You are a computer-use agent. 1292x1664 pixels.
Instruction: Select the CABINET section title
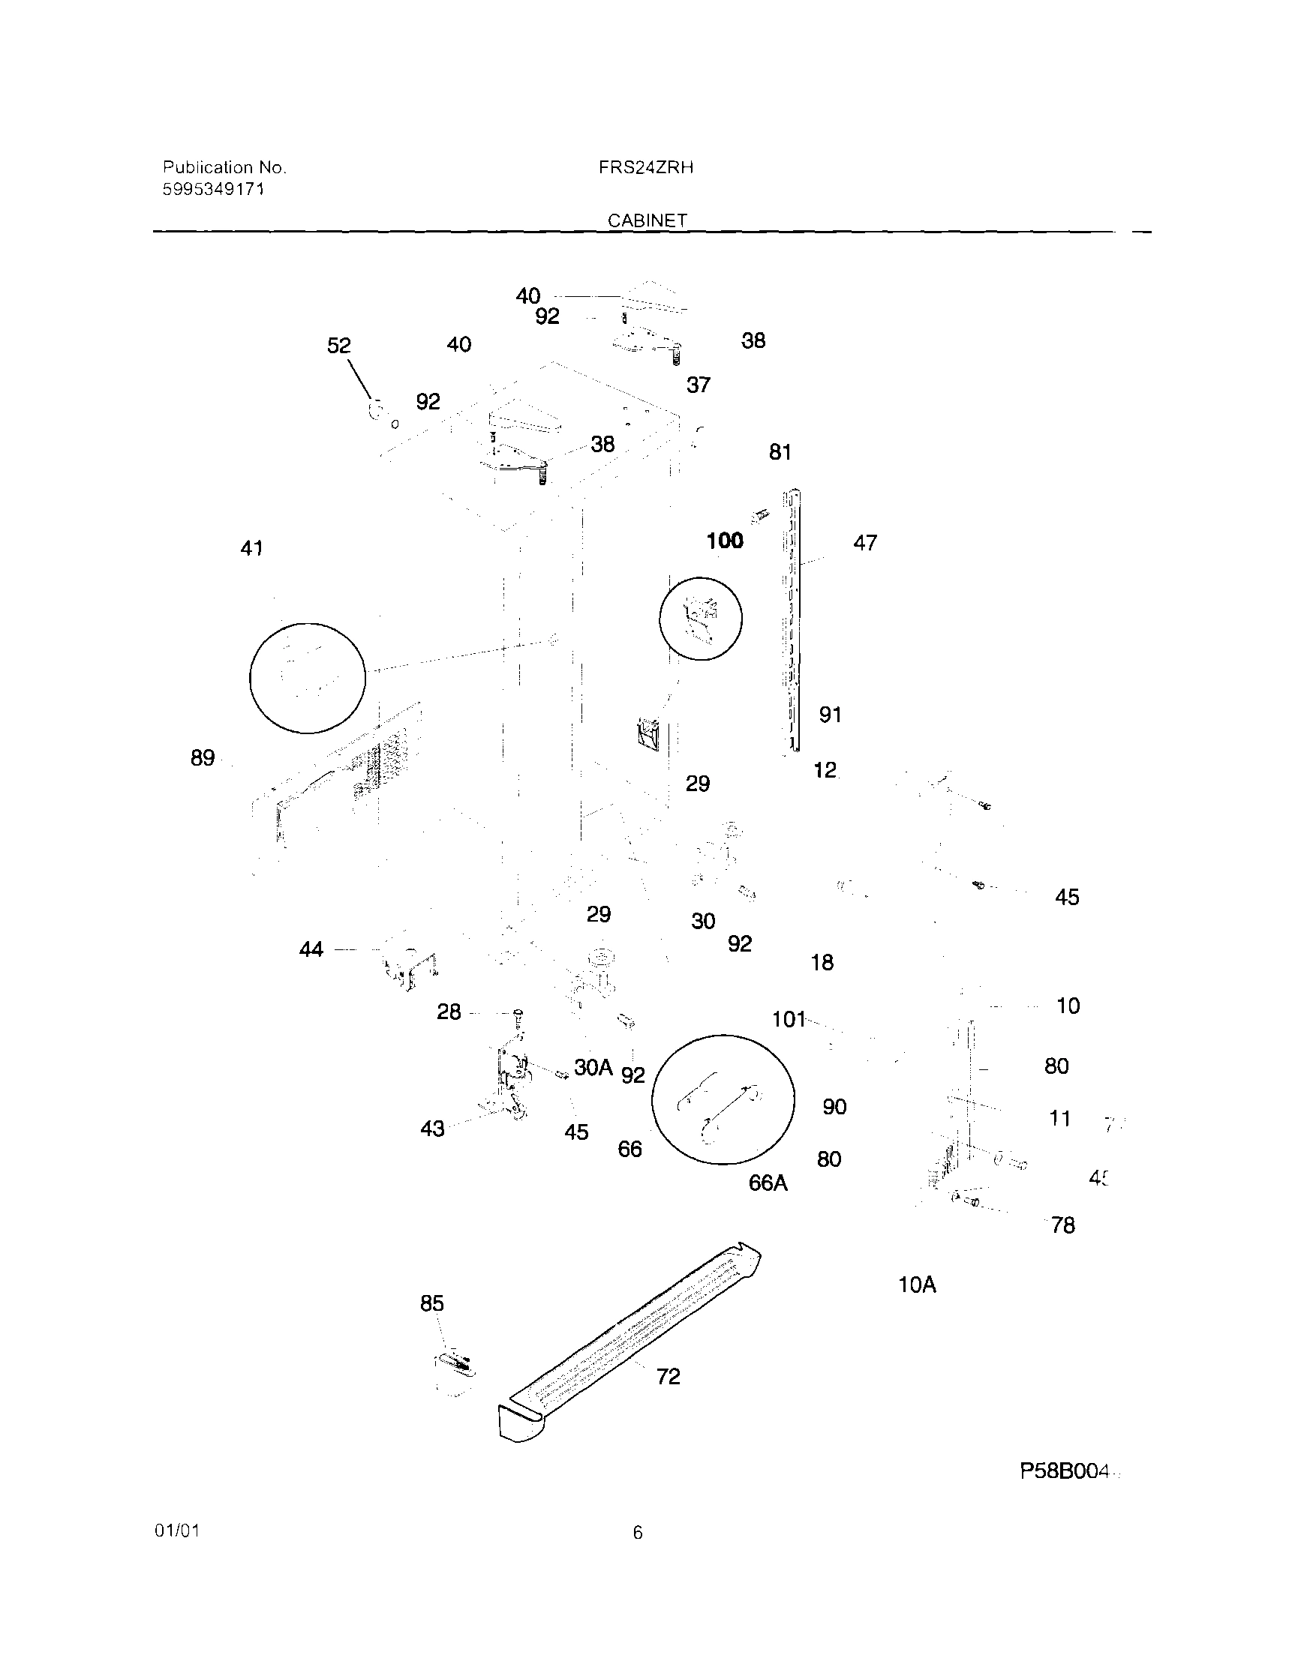tap(648, 220)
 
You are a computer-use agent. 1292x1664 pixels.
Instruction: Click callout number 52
tap(338, 346)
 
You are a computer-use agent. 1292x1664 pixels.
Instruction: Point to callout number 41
tap(251, 548)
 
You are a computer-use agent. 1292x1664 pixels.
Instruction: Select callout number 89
tap(202, 758)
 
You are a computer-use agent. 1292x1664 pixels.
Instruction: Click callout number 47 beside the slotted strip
tap(864, 543)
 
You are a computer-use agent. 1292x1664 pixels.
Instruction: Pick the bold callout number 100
tap(724, 541)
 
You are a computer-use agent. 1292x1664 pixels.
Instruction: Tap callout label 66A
tap(768, 1183)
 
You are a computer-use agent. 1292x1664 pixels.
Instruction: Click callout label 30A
tap(593, 1067)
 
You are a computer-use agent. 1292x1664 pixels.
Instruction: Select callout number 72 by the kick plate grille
tap(668, 1376)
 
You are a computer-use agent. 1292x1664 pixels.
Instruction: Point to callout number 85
tap(431, 1303)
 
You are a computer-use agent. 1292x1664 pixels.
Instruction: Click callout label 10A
tap(916, 1285)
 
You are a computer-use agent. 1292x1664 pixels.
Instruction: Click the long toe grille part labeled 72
tap(632, 1341)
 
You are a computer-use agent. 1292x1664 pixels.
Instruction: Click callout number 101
tap(788, 1019)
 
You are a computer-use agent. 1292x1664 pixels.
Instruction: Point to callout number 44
tap(311, 949)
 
